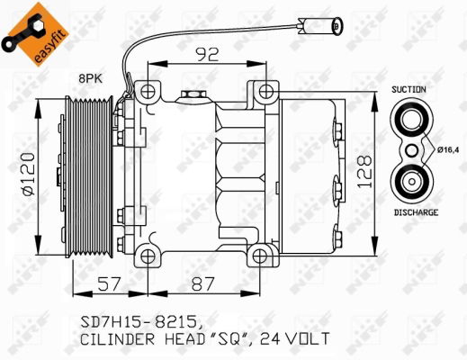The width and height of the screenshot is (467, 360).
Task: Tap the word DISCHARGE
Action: pyautogui.click(x=415, y=212)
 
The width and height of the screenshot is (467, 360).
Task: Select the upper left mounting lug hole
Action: pyautogui.click(x=147, y=91)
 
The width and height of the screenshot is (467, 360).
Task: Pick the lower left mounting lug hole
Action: pyautogui.click(x=147, y=255)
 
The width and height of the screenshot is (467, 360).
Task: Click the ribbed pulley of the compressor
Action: pyautogui.click(x=91, y=171)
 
